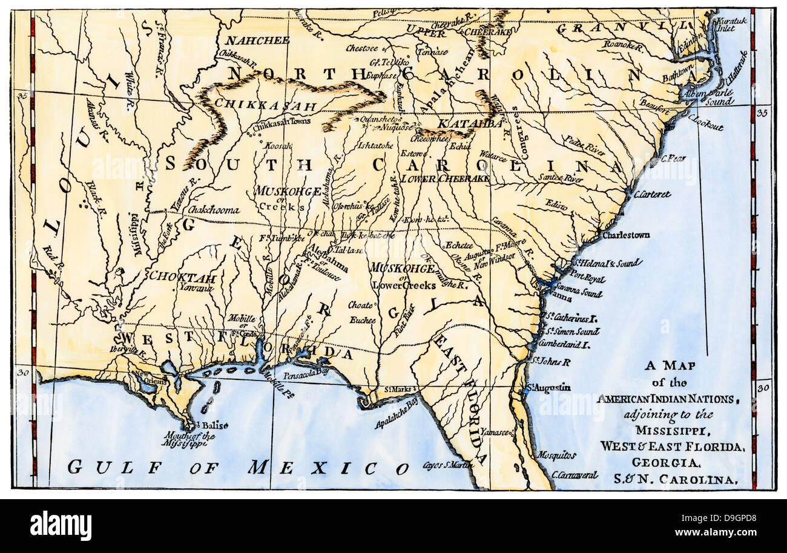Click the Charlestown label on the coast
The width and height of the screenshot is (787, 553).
coord(625,235)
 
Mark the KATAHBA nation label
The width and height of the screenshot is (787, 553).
coord(470,123)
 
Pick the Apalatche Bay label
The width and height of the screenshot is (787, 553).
coord(396,413)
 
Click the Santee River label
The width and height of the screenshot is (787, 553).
coord(561,178)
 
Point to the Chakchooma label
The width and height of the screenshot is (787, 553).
coord(214,211)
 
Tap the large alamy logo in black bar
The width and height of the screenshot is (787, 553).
coord(61,525)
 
